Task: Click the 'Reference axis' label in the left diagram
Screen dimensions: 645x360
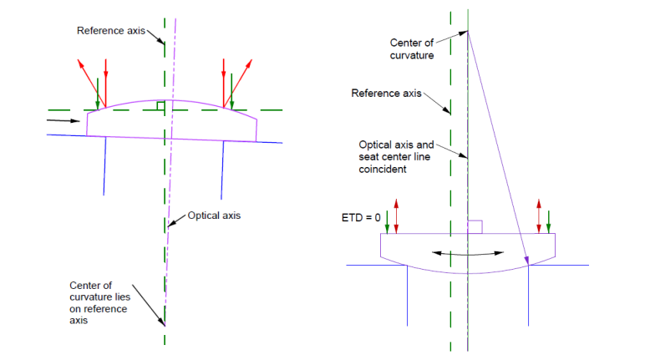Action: tap(111, 31)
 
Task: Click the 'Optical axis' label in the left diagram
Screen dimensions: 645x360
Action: tap(214, 215)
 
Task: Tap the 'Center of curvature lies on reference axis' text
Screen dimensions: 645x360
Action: tap(99, 303)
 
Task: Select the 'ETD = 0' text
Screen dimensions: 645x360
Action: tap(361, 218)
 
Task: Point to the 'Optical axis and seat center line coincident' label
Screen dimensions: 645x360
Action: tap(396, 157)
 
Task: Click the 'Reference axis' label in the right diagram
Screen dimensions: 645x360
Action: tap(386, 94)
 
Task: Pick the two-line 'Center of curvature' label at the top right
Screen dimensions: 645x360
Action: tap(412, 49)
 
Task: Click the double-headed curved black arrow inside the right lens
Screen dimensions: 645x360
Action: tap(468, 253)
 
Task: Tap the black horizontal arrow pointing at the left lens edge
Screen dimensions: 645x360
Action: tap(63, 120)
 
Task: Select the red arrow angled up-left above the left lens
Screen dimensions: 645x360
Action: tap(91, 84)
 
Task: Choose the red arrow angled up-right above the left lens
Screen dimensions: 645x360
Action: tap(238, 84)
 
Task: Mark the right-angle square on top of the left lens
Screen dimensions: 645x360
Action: tap(161, 106)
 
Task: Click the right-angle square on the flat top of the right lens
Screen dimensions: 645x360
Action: tap(475, 227)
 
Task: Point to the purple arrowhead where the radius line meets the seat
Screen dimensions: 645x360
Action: tap(526, 260)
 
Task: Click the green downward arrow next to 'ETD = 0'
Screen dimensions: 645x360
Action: tap(387, 221)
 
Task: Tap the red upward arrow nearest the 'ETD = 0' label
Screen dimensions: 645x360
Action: tap(396, 216)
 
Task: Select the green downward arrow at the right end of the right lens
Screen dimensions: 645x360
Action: tap(548, 221)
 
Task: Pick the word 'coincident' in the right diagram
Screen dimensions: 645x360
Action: tap(383, 169)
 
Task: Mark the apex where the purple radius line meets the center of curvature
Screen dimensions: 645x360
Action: tap(468, 31)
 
